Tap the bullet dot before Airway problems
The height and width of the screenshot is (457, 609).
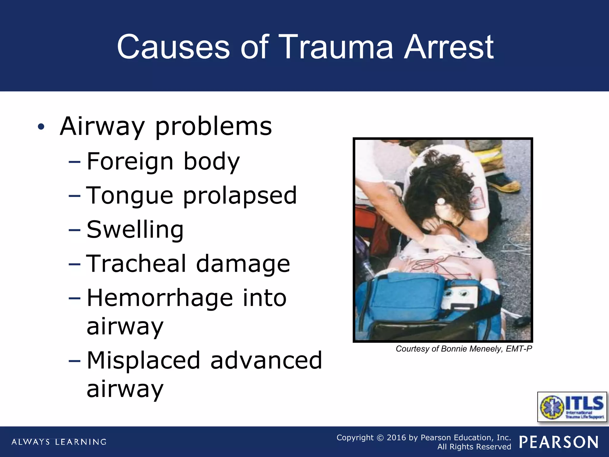[x=41, y=127]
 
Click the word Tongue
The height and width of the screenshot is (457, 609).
[x=129, y=196]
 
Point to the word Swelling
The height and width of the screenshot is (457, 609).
[x=135, y=230]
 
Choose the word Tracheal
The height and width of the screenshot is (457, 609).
[x=136, y=264]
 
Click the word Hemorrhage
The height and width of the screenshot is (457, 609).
[x=160, y=298]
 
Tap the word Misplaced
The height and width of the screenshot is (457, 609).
[x=143, y=360]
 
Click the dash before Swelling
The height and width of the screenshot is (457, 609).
[x=74, y=230]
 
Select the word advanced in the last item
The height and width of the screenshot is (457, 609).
[x=266, y=360]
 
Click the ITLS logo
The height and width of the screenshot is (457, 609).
[x=572, y=407]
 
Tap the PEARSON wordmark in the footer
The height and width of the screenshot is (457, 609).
[x=559, y=442]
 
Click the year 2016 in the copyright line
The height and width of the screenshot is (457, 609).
[x=396, y=438]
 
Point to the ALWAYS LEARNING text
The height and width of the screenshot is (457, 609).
[x=59, y=442]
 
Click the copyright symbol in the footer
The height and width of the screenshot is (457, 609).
[x=380, y=438]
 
